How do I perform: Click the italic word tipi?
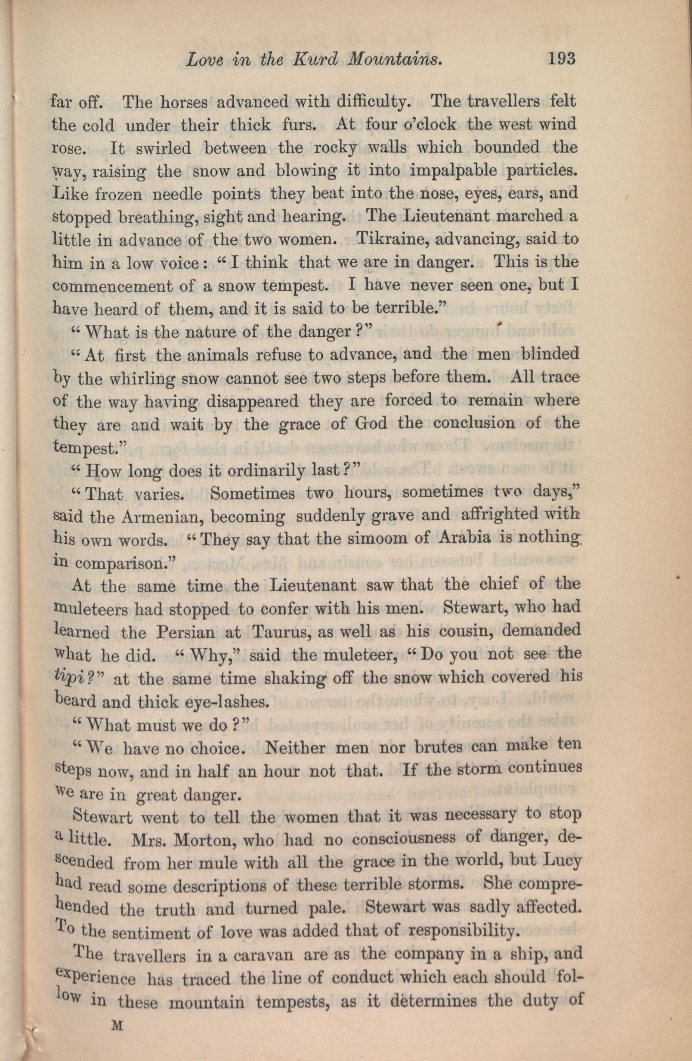coord(71,679)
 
